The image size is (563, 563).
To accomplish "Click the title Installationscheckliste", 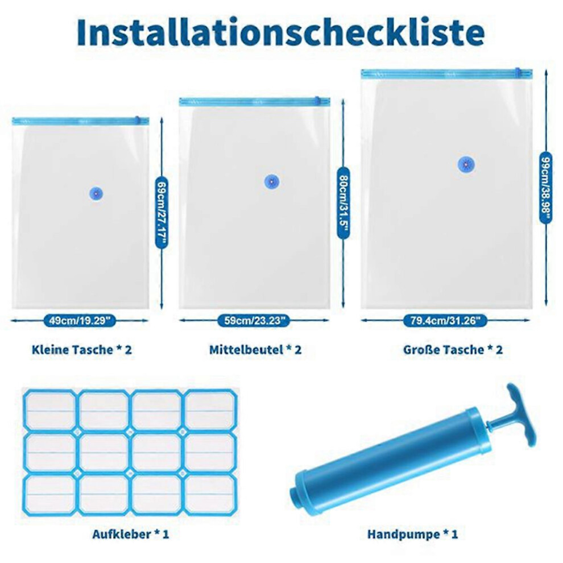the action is (281, 32).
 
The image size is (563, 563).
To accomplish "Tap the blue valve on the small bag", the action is (96, 194).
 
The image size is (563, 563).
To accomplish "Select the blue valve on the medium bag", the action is (272, 182).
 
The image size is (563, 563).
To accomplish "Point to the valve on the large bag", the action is (466, 165).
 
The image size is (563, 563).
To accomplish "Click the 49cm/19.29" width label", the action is (80, 320).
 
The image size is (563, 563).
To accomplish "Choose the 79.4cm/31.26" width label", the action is (445, 320).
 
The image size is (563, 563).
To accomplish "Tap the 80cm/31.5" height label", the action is (343, 203).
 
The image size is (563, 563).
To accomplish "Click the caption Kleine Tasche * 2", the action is (82, 350).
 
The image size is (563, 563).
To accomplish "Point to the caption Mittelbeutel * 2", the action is (255, 350).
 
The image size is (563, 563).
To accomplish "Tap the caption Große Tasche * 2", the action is (453, 350).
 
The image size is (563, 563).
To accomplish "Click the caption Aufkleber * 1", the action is (131, 534).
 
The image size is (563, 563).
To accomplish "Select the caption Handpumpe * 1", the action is (412, 534).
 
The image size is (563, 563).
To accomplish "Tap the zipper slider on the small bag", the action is (137, 120).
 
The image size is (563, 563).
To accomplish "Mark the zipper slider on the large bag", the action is (518, 72).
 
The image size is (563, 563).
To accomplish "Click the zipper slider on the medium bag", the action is (317, 101).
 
